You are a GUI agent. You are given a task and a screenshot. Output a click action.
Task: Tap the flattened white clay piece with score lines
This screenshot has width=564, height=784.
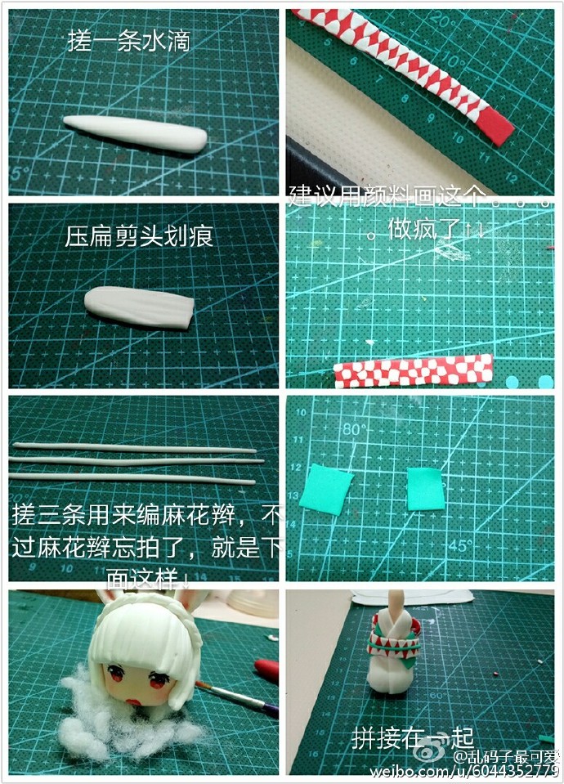[139, 304]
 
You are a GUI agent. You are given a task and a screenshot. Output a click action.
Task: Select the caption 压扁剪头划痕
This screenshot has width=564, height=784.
[140, 236]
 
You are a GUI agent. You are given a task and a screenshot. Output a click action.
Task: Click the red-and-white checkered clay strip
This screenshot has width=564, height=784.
[414, 370]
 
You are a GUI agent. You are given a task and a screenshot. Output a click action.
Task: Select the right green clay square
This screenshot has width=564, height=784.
[425, 488]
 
